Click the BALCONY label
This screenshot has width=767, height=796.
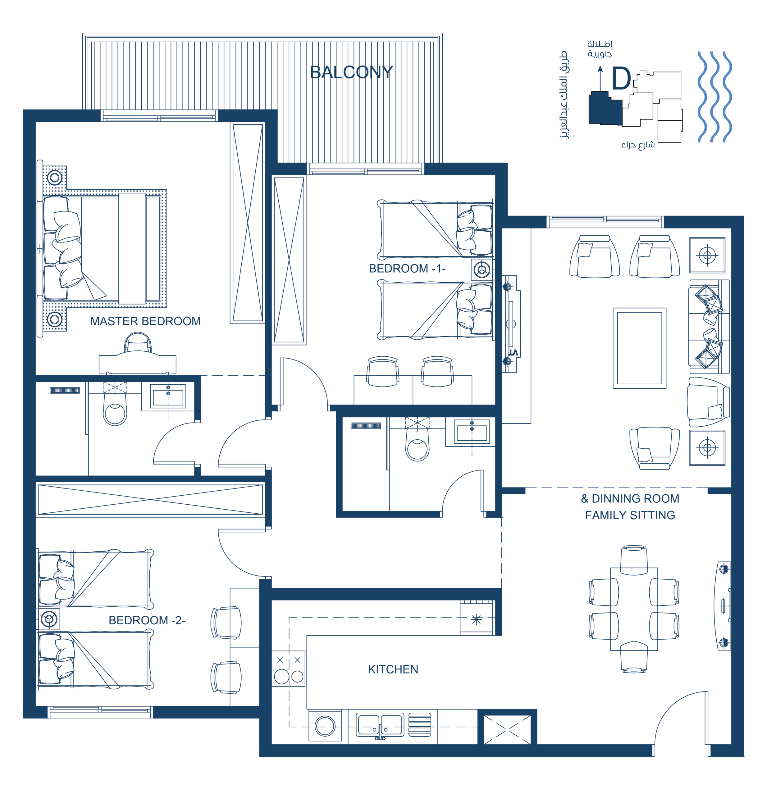[x=351, y=72]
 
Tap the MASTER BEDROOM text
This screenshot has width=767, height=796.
[x=145, y=321]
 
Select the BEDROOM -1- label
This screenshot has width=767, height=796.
[x=407, y=268]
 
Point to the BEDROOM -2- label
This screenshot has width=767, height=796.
[x=147, y=620]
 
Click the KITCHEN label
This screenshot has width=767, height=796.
[x=393, y=669]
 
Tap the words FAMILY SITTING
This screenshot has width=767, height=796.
[x=630, y=515]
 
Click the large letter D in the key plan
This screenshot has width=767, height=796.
[x=621, y=78]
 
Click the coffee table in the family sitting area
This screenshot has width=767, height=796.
[x=640, y=348]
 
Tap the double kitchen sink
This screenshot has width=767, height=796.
[x=380, y=725]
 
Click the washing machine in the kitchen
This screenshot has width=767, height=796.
[x=325, y=726]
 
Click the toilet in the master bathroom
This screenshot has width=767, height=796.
[x=115, y=409]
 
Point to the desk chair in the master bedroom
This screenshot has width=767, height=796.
[x=138, y=343]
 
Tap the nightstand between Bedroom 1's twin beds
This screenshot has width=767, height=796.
[x=482, y=270]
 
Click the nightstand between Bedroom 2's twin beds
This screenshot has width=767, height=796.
[x=49, y=619]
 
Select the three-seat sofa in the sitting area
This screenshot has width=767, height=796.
[x=709, y=327]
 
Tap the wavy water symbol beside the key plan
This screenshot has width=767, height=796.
[x=714, y=97]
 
